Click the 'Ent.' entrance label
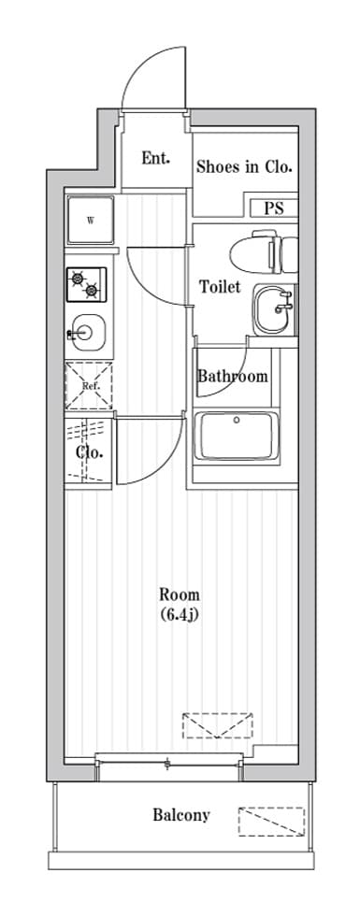[x=155, y=158]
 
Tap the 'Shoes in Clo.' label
[x=244, y=167]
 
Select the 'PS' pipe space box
[x=274, y=208]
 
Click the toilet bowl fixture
[x=264, y=252]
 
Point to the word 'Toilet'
[x=220, y=287]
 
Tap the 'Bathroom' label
[x=233, y=376]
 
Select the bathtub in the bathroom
[x=237, y=436]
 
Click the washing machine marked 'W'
[x=91, y=221]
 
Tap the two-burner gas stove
[x=86, y=284]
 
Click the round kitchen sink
[x=86, y=333]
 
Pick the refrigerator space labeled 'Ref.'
[x=88, y=385]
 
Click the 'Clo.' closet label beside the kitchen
[x=90, y=452]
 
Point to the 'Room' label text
[x=180, y=595]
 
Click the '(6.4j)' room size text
[x=180, y=615]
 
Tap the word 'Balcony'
[x=181, y=814]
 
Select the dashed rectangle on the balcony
[x=271, y=822]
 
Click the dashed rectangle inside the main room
[x=217, y=725]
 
